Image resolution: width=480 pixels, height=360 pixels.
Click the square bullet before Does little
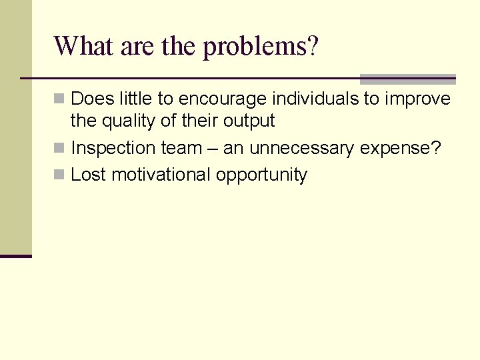[x=59, y=99]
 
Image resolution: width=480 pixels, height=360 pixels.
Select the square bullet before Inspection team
[x=59, y=148]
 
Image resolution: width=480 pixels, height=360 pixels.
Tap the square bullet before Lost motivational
[x=59, y=175]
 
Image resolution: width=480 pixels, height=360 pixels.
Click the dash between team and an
[x=213, y=149]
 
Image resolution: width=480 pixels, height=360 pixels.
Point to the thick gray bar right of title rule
[x=407, y=79]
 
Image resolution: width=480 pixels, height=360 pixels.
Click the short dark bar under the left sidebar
[x=15, y=255]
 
